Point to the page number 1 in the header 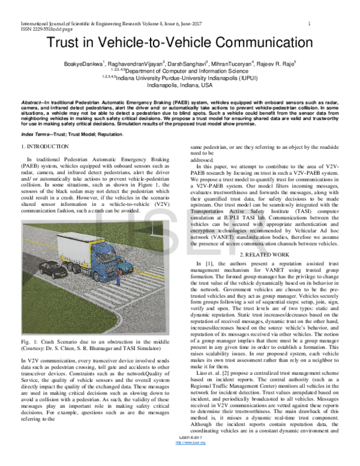(x=308, y=23)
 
